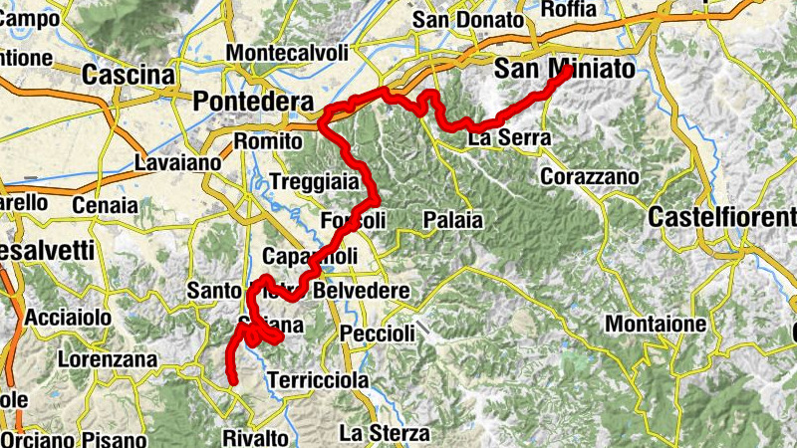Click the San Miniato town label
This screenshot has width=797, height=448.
click(x=563, y=71)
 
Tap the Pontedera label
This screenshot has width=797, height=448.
click(x=253, y=102)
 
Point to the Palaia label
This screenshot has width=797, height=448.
click(x=452, y=219)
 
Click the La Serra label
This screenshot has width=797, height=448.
click(x=503, y=138)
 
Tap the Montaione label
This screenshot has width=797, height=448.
click(x=656, y=324)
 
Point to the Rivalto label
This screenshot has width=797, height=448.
click(x=256, y=437)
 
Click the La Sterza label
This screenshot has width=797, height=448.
click(x=385, y=433)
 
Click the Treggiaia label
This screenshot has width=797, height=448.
click(x=315, y=182)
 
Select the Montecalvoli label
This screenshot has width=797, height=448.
click(x=287, y=53)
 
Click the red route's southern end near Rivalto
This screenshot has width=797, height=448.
click(x=233, y=381)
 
